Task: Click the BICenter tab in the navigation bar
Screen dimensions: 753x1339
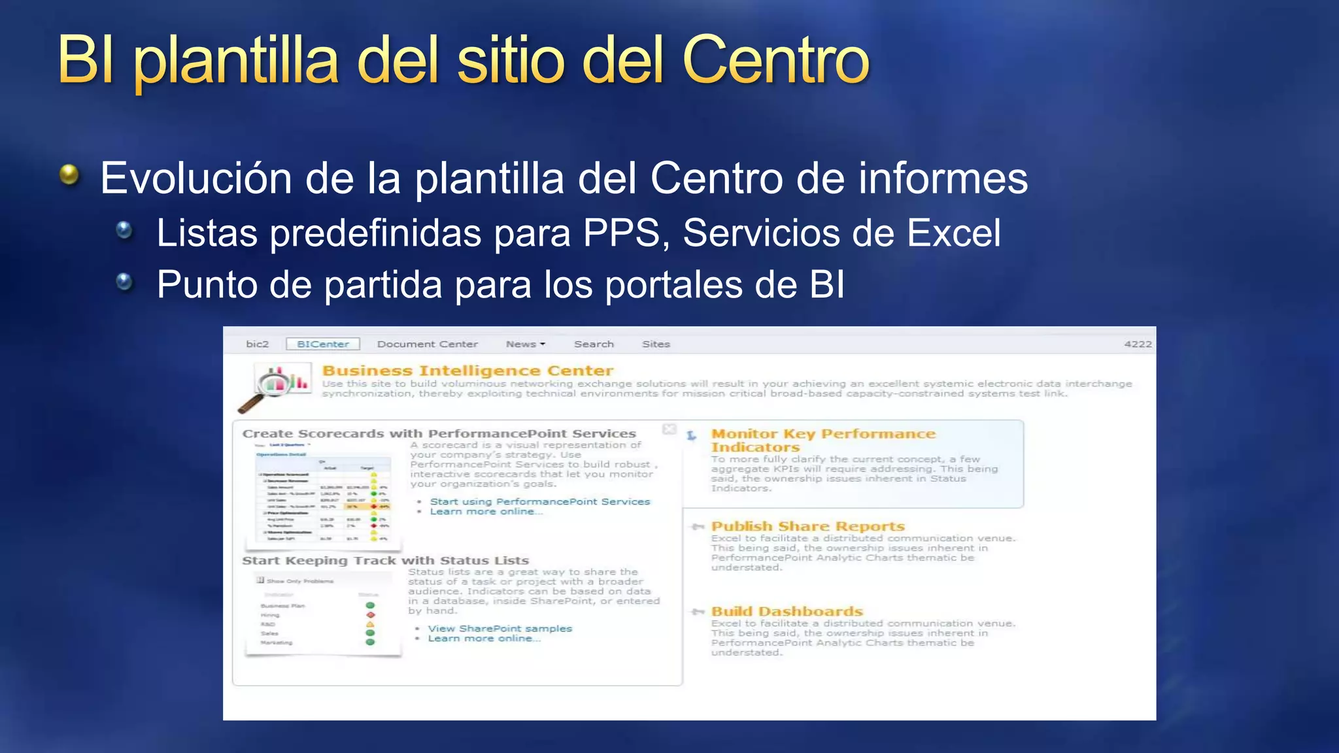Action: pyautogui.click(x=323, y=344)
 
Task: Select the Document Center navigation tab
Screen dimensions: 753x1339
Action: pyautogui.click(x=427, y=344)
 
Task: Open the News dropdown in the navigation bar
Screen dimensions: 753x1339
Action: pyautogui.click(x=525, y=344)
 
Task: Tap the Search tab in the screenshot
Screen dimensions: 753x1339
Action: pyautogui.click(x=594, y=344)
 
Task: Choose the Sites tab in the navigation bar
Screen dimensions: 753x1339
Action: pyautogui.click(x=656, y=344)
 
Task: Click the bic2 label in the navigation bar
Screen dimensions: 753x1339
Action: pyautogui.click(x=257, y=344)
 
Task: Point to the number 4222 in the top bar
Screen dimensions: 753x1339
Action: pyautogui.click(x=1138, y=344)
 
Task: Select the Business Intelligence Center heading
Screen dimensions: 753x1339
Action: pyautogui.click(x=467, y=371)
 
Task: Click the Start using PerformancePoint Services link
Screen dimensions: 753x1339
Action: pyautogui.click(x=540, y=501)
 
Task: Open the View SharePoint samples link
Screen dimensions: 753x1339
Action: pyautogui.click(x=500, y=628)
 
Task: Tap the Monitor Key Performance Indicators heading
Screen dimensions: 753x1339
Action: pyautogui.click(x=822, y=440)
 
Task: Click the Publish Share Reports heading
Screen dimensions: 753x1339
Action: pyautogui.click(x=807, y=526)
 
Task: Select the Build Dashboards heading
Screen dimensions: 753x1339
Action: pyautogui.click(x=787, y=611)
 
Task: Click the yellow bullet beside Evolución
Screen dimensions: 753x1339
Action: pyautogui.click(x=69, y=175)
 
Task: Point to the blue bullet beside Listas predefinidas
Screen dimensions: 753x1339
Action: pyautogui.click(x=124, y=230)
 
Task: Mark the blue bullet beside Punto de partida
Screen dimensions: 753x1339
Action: pyautogui.click(x=124, y=282)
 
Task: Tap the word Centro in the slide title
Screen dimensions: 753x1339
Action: pyautogui.click(x=775, y=60)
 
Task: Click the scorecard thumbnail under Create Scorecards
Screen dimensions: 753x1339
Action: pyautogui.click(x=324, y=495)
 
